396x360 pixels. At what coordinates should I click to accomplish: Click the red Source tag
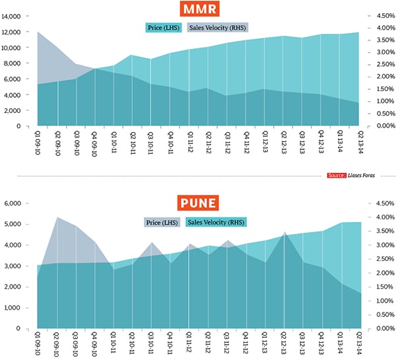(337, 176)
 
